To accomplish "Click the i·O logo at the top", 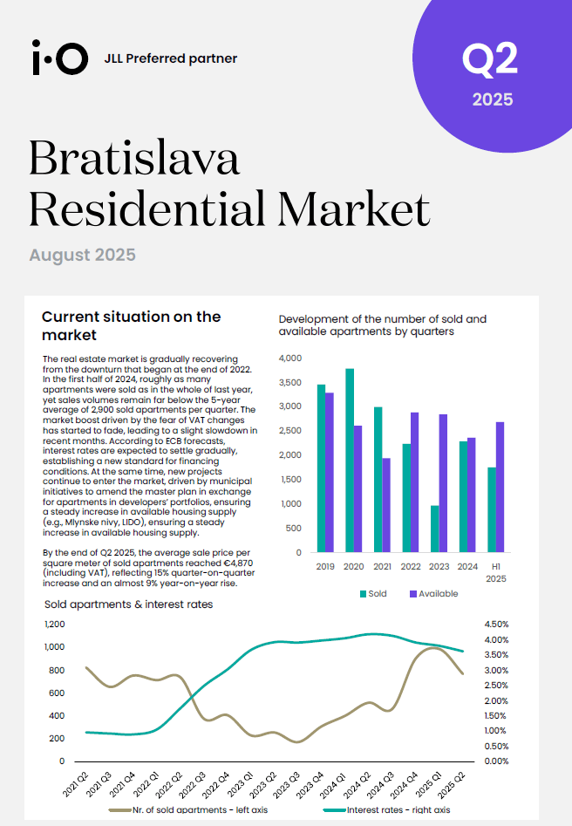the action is click(x=59, y=58).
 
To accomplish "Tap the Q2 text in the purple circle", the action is click(x=490, y=59).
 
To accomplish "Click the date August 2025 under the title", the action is click(x=82, y=255).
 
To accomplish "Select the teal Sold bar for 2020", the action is click(x=350, y=461).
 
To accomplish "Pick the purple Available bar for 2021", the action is click(x=386, y=505).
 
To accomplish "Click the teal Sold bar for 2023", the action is click(x=435, y=529).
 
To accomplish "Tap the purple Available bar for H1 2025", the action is click(x=500, y=488).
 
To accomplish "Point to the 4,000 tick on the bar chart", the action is click(x=290, y=358).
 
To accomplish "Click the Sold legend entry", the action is click(x=373, y=594).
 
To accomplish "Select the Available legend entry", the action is click(x=434, y=594).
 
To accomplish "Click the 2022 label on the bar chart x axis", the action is click(x=411, y=567).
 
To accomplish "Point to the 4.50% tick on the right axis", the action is click(x=496, y=625).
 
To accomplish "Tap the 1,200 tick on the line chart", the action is click(x=55, y=625).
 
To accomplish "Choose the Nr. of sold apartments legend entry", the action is click(x=188, y=809).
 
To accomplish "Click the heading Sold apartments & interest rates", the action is click(x=128, y=604).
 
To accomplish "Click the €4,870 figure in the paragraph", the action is click(x=237, y=563).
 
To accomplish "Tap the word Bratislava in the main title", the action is click(x=134, y=158).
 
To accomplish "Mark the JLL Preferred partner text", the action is click(x=171, y=58).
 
